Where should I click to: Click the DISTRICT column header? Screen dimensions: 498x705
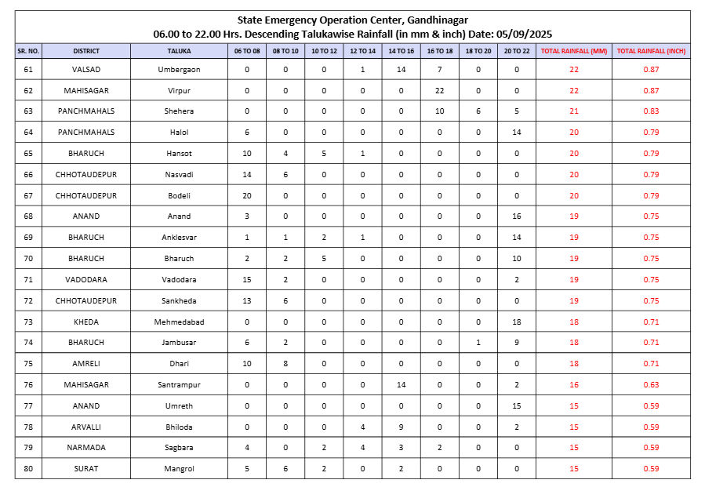tap(86, 51)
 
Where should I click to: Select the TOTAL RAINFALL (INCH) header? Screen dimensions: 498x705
tap(651, 51)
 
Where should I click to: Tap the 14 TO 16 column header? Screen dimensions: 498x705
tap(401, 51)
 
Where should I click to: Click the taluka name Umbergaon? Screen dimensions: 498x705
tap(179, 70)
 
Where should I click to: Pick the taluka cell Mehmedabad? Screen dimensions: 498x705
tap(179, 322)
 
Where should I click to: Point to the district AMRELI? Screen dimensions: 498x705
tap(86, 364)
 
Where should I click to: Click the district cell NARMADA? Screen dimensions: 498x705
tap(86, 448)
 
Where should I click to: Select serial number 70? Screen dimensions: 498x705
tap(28, 258)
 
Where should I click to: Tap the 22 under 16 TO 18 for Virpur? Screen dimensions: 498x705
tap(439, 90)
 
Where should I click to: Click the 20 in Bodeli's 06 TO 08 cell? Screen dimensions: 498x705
tap(247, 195)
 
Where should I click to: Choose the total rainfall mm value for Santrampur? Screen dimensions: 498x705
tap(574, 385)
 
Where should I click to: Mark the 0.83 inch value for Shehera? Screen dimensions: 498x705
tap(651, 111)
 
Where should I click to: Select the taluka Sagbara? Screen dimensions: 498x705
tap(179, 448)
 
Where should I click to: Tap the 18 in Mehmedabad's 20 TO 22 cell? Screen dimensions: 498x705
tap(517, 322)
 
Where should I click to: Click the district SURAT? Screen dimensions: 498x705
tap(86, 469)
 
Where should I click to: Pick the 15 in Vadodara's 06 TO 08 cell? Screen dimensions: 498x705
tap(247, 279)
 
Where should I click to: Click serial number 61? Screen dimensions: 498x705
tap(28, 70)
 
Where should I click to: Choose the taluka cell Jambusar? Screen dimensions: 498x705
tap(179, 343)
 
